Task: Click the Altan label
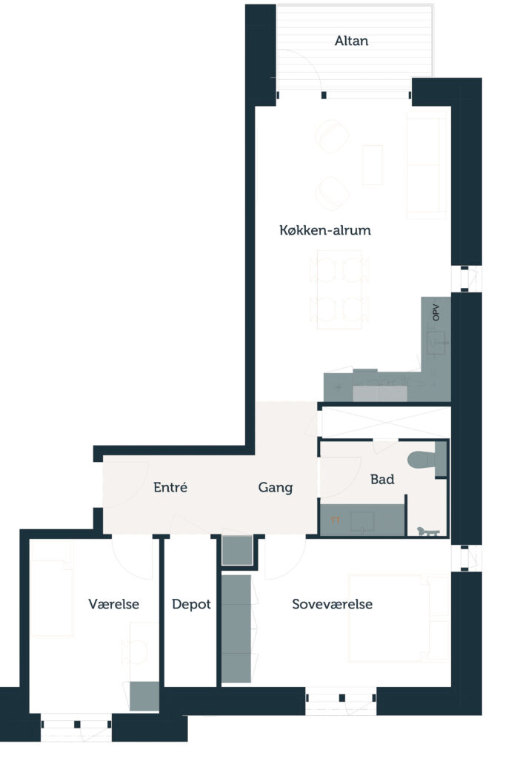click(x=351, y=41)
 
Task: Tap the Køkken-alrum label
click(x=325, y=230)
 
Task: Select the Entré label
click(x=170, y=487)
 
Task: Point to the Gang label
click(x=276, y=487)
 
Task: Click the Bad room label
click(x=382, y=479)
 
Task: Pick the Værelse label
click(x=113, y=604)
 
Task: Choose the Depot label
click(x=191, y=604)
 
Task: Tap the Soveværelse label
click(x=333, y=604)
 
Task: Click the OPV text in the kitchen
click(x=436, y=312)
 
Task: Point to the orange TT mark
click(x=336, y=520)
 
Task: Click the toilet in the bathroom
click(x=427, y=459)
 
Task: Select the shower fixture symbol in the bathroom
click(x=428, y=531)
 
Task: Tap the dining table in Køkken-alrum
click(x=339, y=289)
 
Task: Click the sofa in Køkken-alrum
click(x=427, y=165)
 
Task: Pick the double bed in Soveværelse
click(x=399, y=618)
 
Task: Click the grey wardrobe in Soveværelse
click(x=236, y=628)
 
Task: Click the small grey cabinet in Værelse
click(x=144, y=696)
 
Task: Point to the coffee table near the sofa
click(x=373, y=165)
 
